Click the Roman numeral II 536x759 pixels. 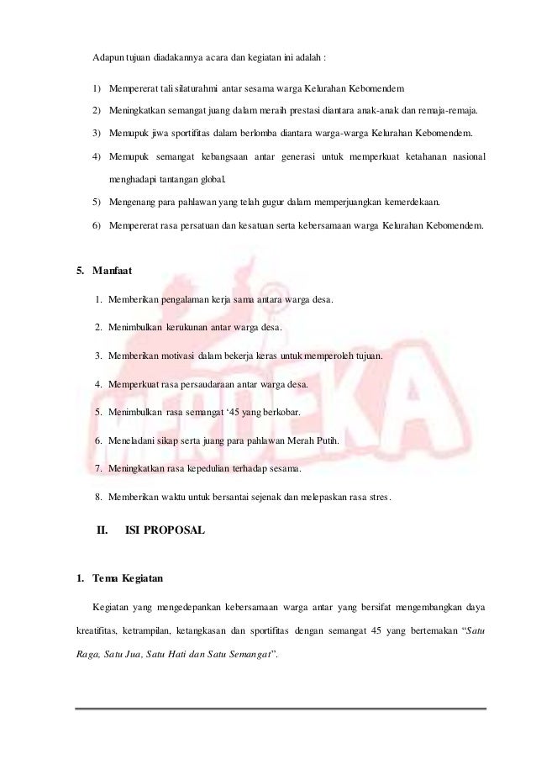[x=103, y=530]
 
